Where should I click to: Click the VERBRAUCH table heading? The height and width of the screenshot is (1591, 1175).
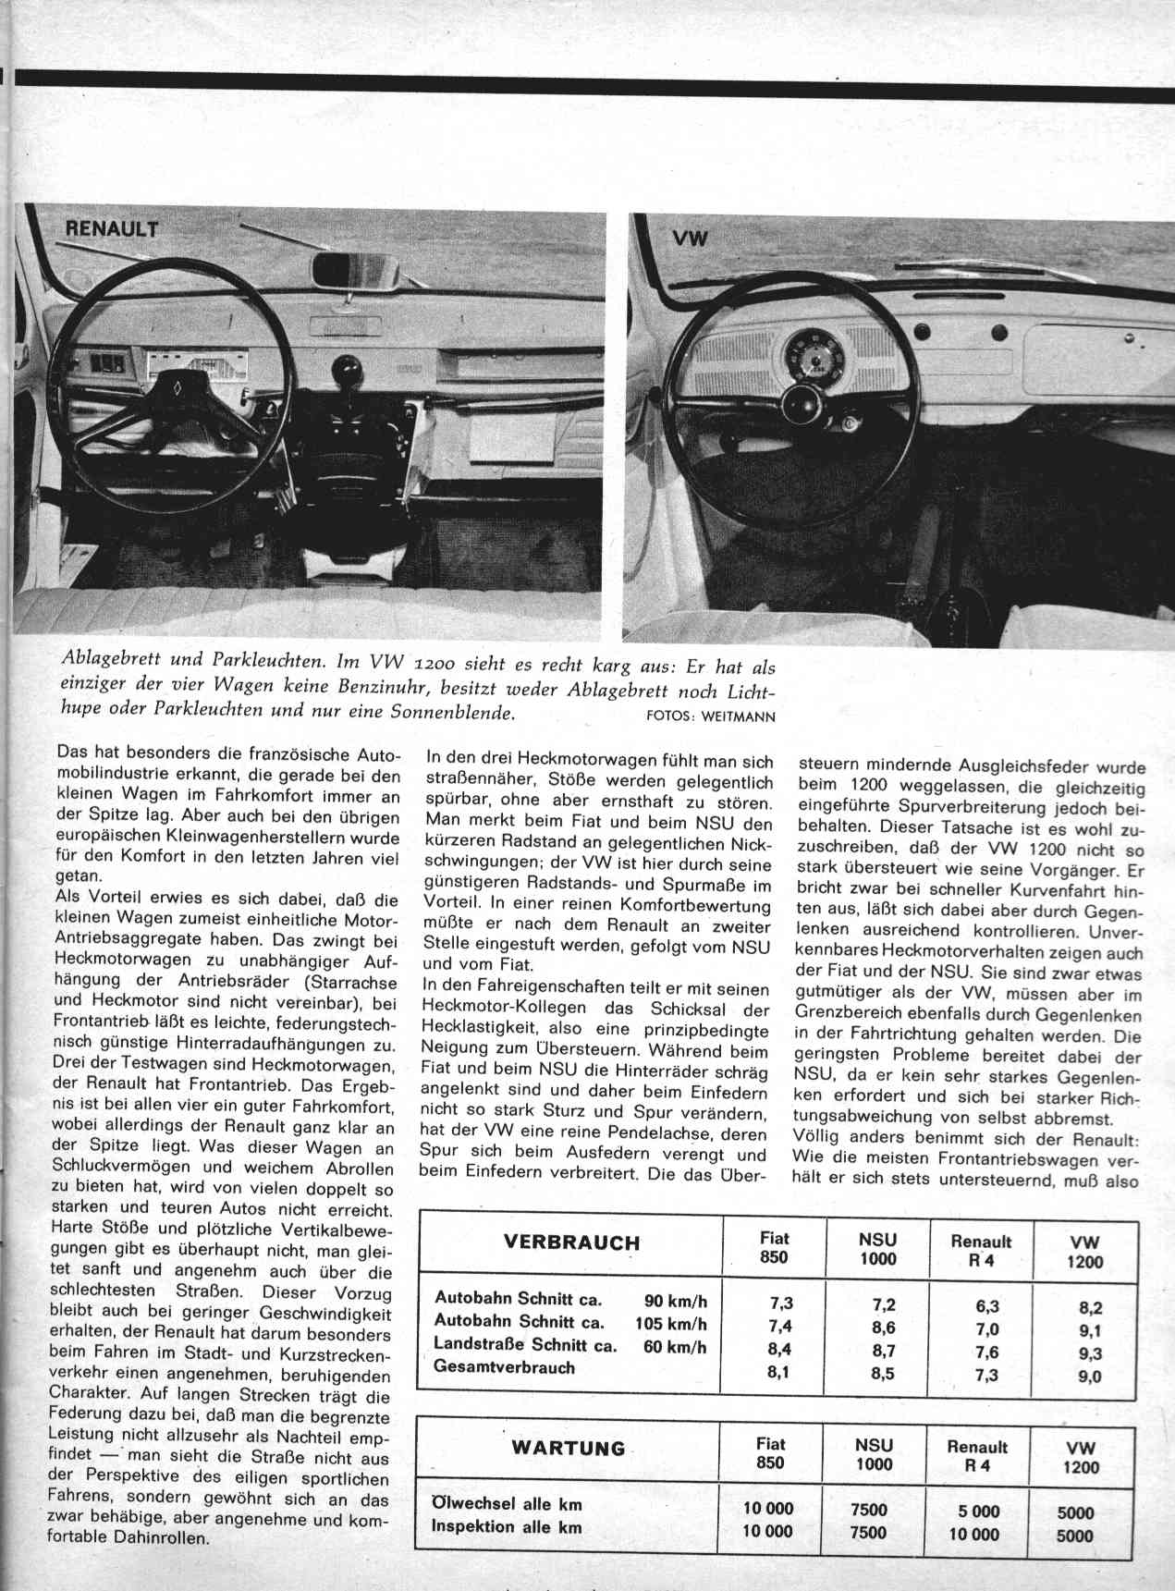pos(571,1242)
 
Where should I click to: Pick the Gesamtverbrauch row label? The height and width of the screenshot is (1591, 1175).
pos(505,1368)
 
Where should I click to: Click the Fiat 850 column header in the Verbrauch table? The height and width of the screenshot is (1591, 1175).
pos(774,1247)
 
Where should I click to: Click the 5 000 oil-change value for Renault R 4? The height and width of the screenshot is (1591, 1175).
pos(973,1511)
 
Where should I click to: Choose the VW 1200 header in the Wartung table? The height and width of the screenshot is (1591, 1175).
pos(1082,1458)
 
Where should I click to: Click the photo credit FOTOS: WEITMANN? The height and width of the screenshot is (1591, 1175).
pos(712,716)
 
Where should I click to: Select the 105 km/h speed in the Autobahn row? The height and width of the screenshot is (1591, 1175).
pos(672,1323)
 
